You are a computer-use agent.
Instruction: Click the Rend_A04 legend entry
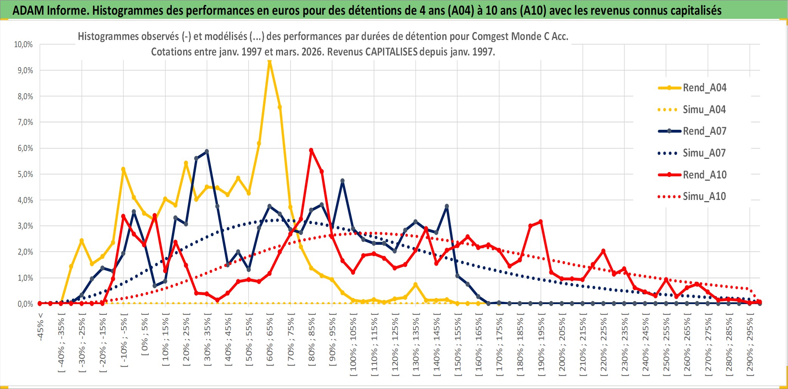(704, 88)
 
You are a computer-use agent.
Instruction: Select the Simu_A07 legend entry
(704, 153)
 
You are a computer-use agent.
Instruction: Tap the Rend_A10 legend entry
(705, 175)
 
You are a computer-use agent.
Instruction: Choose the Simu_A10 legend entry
(704, 197)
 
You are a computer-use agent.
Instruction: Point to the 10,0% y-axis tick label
(23, 45)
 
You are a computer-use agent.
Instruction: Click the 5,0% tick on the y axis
(25, 174)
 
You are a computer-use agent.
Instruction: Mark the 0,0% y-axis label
(25, 304)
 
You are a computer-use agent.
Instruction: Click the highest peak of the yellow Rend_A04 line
(269, 61)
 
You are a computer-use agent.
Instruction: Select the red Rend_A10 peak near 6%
(311, 150)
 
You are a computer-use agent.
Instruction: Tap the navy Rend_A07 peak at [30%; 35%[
(207, 152)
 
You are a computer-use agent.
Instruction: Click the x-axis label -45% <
(40, 327)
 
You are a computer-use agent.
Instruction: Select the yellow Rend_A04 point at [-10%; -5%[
(123, 169)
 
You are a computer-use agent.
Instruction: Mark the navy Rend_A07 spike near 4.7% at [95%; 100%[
(343, 181)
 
